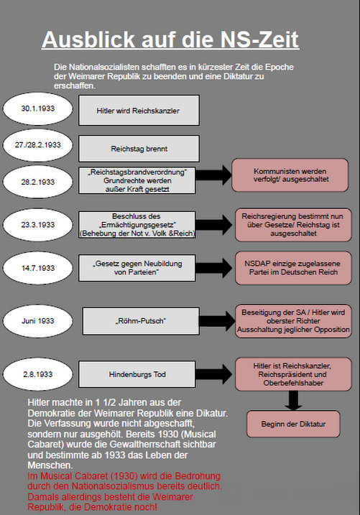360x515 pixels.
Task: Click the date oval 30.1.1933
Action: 38,108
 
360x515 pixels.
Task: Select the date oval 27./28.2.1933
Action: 38,145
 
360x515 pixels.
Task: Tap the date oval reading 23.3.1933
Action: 38,225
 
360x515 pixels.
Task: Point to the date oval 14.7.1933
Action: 38,268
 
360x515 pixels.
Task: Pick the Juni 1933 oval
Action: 38,321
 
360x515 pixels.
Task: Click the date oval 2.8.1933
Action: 38,374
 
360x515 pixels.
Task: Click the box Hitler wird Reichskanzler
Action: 139,111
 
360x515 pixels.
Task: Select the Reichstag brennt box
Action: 139,149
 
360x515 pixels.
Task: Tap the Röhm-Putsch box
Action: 141,321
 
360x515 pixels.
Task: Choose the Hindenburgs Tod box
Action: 137,374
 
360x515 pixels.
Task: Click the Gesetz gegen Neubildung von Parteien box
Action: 137,268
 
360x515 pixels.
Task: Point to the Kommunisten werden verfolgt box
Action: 290,175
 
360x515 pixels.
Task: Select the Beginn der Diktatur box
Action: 293,424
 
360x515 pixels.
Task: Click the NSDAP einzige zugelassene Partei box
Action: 293,268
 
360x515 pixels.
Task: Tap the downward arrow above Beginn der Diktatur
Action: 293,401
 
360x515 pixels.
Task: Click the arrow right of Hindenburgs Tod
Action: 214,374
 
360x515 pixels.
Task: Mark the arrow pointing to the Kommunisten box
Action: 214,175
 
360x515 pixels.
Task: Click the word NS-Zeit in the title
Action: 259,40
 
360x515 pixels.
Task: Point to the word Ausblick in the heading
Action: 88,40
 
